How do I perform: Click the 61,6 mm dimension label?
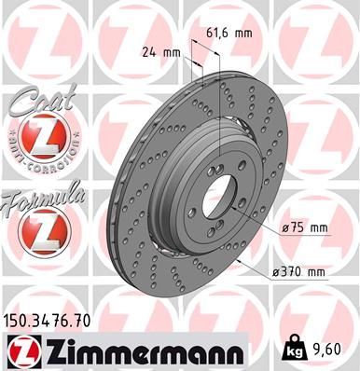pos(229,33)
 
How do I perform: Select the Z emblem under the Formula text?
pos(39,228)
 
